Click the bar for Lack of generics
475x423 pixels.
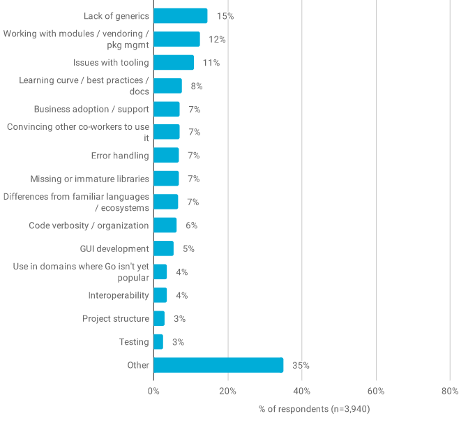(180, 15)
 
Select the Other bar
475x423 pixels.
(218, 365)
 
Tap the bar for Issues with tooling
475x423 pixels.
(174, 62)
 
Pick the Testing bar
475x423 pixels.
(158, 342)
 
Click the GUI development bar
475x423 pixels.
(163, 248)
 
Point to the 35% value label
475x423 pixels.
(301, 365)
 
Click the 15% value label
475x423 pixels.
(225, 15)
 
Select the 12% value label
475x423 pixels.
(217, 39)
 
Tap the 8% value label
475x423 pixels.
(197, 86)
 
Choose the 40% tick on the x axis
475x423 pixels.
(301, 391)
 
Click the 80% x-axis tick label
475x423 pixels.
(450, 391)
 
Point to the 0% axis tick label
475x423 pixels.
(153, 391)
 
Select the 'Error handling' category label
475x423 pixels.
(120, 156)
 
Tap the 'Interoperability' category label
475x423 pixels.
(119, 295)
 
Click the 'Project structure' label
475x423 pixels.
(116, 319)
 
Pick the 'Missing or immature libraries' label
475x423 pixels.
(89, 179)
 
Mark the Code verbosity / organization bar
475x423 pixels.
(165, 225)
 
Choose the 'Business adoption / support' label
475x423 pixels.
(91, 109)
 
